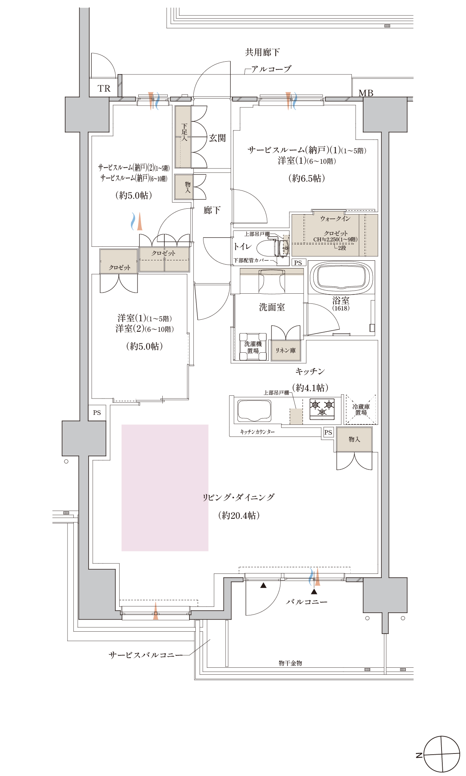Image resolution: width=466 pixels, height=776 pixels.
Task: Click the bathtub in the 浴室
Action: tap(341, 278)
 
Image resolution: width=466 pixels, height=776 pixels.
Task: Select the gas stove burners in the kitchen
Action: tap(322, 409)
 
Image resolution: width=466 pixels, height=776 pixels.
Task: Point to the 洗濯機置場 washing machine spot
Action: tap(253, 347)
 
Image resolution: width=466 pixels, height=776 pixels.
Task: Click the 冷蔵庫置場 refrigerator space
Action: tap(361, 410)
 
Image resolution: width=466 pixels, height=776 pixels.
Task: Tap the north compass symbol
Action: tap(442, 754)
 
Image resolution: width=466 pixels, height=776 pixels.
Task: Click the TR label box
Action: tap(104, 88)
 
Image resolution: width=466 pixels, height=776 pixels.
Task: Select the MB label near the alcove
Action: tap(366, 93)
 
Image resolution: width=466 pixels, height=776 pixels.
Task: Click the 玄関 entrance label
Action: tap(217, 138)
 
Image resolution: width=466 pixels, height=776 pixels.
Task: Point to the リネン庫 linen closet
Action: tap(286, 350)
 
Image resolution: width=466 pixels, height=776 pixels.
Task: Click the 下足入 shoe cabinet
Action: tap(183, 137)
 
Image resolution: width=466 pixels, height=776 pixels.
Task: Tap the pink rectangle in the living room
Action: tap(165, 488)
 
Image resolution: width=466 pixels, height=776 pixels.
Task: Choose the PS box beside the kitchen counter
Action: tap(328, 432)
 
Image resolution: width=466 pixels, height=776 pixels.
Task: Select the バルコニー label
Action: tap(307, 602)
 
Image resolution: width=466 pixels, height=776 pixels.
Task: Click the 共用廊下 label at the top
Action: tap(263, 52)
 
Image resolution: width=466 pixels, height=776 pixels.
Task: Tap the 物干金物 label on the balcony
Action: tap(290, 663)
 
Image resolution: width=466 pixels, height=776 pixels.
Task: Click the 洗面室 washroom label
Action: tap(272, 307)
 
